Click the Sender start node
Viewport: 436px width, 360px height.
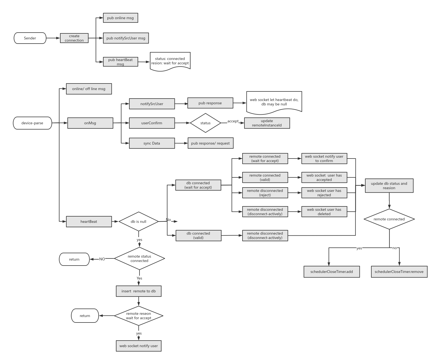pos(30,38)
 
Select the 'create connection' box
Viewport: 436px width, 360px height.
pos(74,38)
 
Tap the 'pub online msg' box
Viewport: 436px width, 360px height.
pos(120,18)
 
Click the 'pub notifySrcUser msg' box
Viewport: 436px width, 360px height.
pos(126,38)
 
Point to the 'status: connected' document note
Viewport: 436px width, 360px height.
pos(170,61)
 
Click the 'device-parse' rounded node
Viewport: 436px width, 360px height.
pos(32,123)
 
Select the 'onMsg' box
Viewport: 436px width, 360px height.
pos(90,123)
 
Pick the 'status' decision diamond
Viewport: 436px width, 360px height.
pos(205,123)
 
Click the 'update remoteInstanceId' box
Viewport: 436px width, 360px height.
pos(267,123)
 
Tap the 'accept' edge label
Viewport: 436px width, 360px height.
pos(233,121)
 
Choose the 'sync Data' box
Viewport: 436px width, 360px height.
pos(152,143)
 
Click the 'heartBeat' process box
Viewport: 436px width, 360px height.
pos(89,221)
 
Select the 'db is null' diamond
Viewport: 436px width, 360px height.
pos(138,221)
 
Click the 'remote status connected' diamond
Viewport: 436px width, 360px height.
pos(139,258)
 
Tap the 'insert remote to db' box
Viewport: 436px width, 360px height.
pos(139,291)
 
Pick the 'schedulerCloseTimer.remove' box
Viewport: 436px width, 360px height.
pos(399,272)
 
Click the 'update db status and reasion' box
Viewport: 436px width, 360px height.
pos(389,186)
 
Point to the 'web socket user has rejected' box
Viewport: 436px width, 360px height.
pos(324,193)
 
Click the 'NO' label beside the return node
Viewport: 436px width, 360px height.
pos(102,259)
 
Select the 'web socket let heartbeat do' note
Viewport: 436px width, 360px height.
pos(274,102)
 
